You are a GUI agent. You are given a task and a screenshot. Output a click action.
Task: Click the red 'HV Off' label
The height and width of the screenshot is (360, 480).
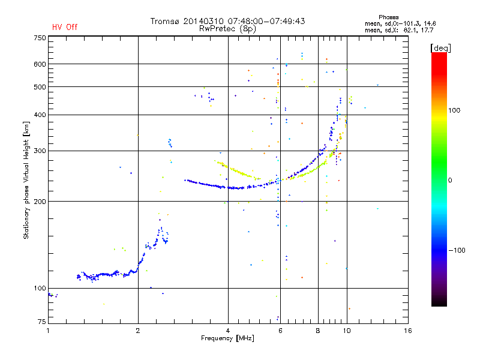(65, 27)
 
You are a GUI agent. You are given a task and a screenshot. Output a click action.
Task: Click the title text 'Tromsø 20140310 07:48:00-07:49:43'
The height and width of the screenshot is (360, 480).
(227, 21)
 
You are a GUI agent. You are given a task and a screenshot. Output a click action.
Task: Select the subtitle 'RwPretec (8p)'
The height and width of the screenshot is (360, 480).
(227, 29)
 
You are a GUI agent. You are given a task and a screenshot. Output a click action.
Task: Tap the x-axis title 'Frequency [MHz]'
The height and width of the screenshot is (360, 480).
(227, 338)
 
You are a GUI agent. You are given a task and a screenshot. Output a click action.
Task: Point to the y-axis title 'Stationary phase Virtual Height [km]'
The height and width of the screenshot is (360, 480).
(26, 180)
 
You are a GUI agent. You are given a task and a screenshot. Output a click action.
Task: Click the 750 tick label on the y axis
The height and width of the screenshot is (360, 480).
(40, 38)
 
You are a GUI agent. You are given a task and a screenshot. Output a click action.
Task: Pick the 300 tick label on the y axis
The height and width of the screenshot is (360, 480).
(40, 151)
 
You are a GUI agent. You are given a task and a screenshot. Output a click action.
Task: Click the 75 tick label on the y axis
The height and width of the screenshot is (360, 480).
(41, 322)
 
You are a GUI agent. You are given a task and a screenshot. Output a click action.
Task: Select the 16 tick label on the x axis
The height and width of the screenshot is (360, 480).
(408, 331)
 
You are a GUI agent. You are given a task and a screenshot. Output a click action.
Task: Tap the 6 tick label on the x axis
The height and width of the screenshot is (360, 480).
(280, 331)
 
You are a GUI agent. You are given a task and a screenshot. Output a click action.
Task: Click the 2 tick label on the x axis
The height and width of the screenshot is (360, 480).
(138, 331)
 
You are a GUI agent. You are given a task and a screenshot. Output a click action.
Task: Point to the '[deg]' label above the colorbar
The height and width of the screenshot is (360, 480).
(440, 49)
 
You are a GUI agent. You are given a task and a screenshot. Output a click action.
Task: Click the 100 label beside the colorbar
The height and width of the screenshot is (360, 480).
(454, 110)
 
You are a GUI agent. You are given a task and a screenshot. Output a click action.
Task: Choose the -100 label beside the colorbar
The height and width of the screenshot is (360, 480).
(457, 250)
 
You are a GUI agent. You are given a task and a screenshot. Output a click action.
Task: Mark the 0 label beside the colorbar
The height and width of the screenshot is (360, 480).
(450, 181)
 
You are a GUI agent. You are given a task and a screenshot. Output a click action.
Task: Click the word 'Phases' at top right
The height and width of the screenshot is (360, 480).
(388, 17)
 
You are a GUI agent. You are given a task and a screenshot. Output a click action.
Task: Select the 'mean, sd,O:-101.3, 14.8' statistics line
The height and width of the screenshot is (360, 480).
(400, 23)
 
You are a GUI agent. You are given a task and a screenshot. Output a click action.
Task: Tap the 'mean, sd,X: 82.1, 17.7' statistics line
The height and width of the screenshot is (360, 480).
(399, 30)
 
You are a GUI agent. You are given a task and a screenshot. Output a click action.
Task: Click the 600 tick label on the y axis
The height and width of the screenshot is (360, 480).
(40, 64)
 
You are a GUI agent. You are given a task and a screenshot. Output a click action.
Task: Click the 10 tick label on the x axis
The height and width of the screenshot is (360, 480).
(347, 331)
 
